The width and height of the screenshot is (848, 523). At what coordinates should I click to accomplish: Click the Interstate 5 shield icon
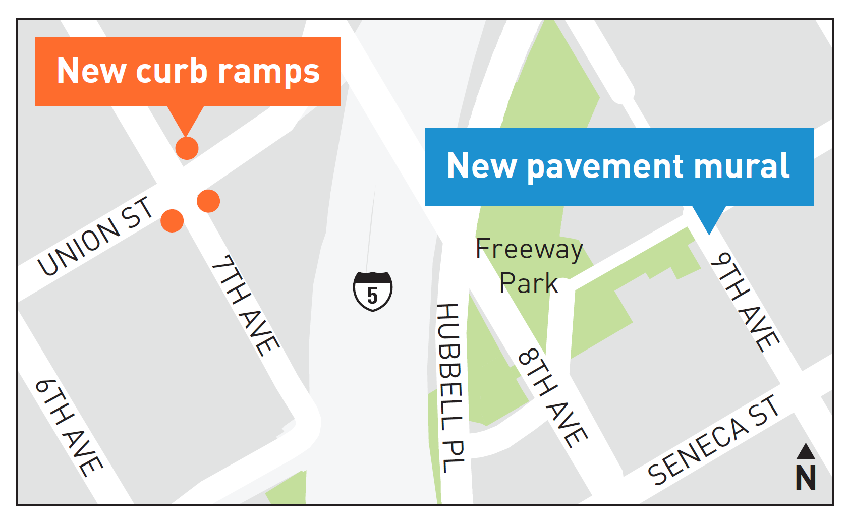coord(372,291)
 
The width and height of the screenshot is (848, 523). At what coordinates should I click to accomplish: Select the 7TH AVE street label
coord(245,306)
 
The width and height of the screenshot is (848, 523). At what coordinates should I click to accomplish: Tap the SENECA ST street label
coord(714,440)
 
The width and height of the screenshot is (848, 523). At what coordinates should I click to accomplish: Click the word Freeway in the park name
coord(529,249)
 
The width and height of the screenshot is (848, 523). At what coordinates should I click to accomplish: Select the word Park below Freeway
coord(528,283)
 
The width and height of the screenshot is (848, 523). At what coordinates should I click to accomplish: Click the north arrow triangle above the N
coord(806,451)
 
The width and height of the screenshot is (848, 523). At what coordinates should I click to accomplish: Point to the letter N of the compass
coord(806,477)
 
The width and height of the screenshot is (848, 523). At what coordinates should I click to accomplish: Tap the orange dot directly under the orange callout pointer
coord(187,148)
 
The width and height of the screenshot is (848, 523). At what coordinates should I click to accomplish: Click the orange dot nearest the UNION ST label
coord(172,221)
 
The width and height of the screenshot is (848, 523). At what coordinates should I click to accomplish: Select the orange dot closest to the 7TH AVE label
coord(208,201)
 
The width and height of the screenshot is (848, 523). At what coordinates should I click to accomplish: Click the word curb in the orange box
coord(172,71)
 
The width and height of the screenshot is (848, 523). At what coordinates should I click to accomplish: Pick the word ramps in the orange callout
coord(269,72)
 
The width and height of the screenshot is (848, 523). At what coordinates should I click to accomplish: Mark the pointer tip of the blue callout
coord(709,234)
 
